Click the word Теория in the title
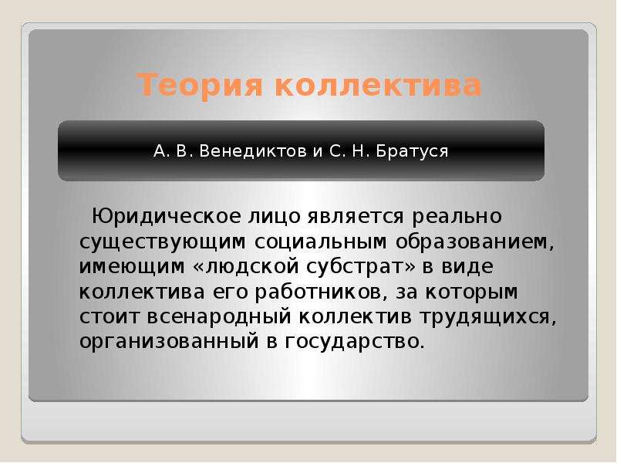[x=200, y=85]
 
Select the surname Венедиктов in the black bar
[x=253, y=151]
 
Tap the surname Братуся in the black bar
[x=412, y=151]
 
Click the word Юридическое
[x=166, y=217]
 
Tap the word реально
[x=457, y=218]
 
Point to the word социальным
[x=320, y=242]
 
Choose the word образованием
[x=471, y=242]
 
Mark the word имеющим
[x=132, y=267]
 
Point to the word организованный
[x=169, y=342]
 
